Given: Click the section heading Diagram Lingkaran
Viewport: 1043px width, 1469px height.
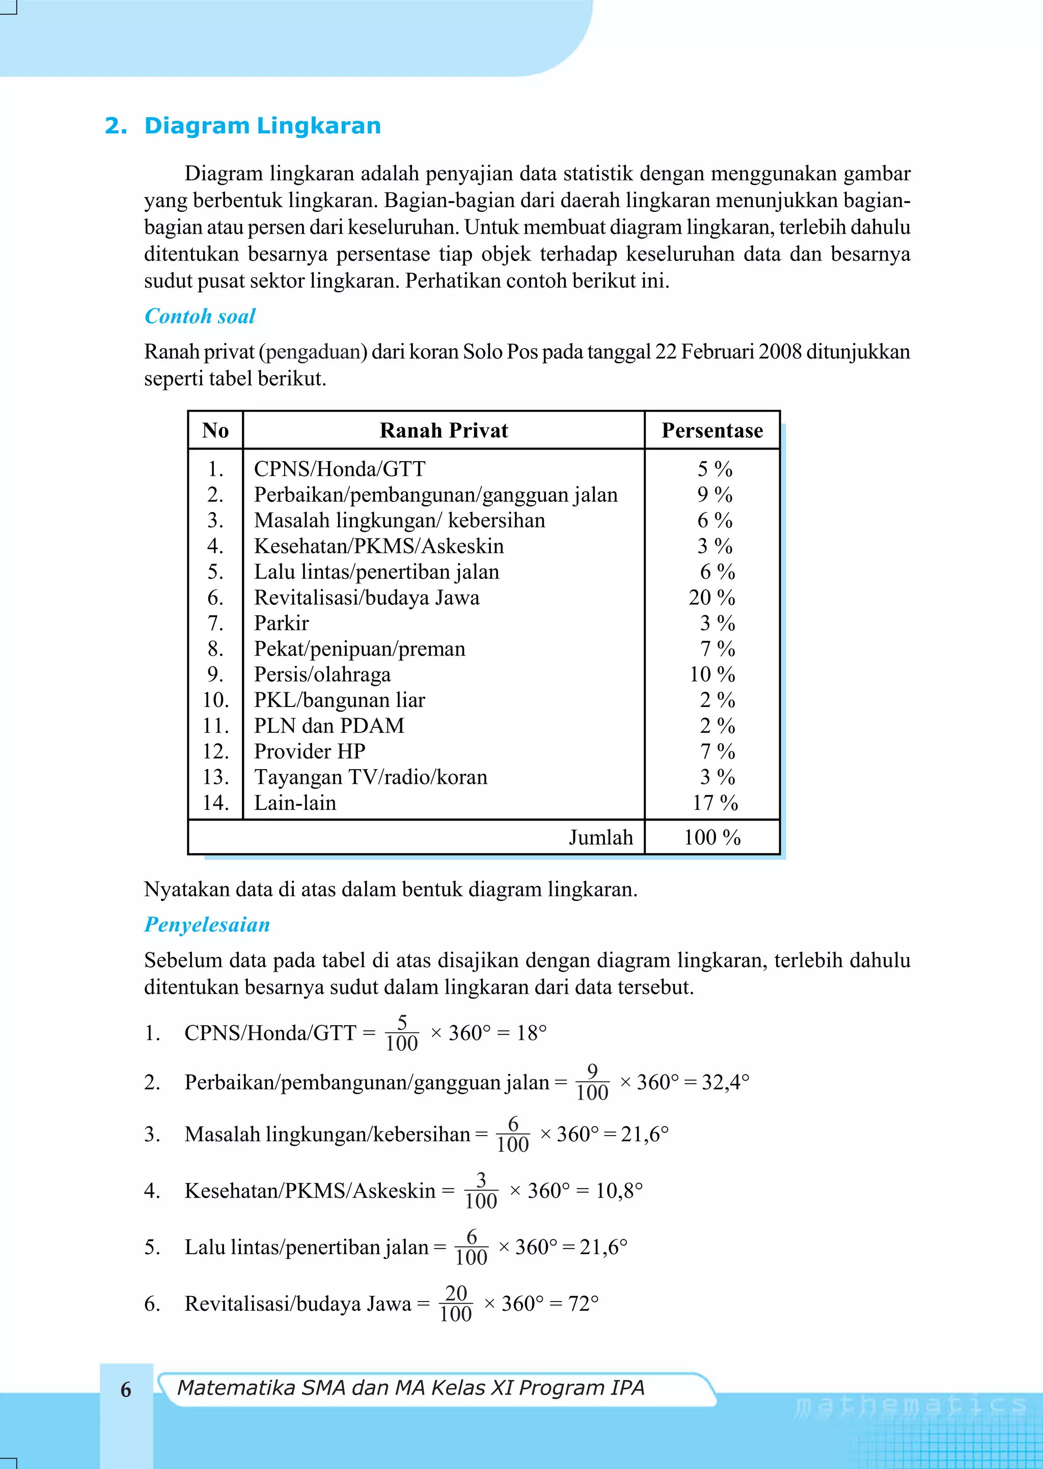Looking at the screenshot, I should [262, 125].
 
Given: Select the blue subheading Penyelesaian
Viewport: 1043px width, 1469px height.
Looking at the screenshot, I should [207, 924].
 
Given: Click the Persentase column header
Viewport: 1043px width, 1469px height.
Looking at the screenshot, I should [712, 430].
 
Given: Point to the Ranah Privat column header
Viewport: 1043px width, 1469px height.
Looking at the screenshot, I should [443, 430].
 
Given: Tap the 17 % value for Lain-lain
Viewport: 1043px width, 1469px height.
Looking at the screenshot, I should [715, 803].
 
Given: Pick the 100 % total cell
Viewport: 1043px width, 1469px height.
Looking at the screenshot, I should [712, 837].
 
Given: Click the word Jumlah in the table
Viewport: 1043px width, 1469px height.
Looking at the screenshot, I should [600, 837].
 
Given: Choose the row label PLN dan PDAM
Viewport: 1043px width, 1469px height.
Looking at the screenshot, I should [329, 726].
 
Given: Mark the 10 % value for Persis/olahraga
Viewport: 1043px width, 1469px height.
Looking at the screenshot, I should [712, 674].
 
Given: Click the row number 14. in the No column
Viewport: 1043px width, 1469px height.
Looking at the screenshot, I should [216, 803].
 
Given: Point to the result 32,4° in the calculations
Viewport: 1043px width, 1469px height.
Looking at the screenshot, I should [725, 1083].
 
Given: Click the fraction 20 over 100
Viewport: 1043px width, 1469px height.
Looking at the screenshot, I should [455, 1304].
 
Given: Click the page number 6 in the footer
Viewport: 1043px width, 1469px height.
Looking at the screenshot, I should [126, 1390].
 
